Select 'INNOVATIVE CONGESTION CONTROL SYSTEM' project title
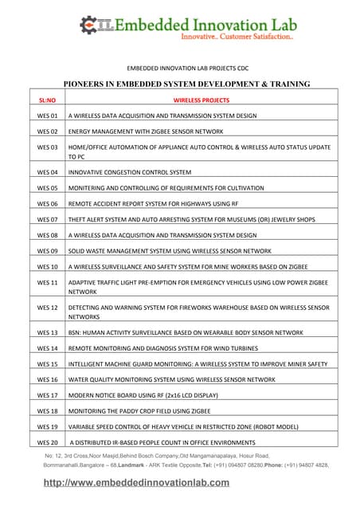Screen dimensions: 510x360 pos(130,172)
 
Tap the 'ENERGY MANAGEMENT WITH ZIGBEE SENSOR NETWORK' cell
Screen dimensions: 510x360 pos(146,131)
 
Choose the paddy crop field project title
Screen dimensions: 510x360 pos(138,411)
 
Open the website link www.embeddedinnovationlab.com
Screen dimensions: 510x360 pos(153,483)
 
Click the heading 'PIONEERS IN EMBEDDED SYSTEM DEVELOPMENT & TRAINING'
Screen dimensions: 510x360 pos(186,84)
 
